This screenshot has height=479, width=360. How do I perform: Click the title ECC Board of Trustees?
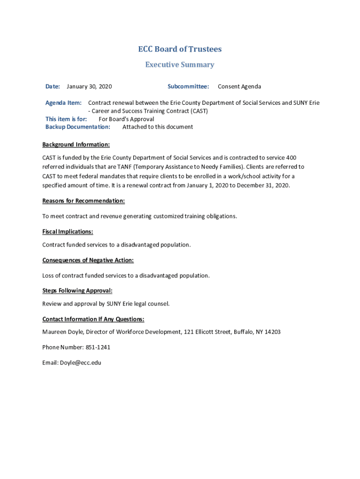pyautogui.click(x=180, y=49)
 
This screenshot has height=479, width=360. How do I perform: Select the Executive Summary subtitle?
pyautogui.click(x=180, y=65)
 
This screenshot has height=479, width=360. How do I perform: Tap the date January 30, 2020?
pyautogui.click(x=89, y=87)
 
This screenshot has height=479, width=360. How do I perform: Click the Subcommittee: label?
pyautogui.click(x=188, y=87)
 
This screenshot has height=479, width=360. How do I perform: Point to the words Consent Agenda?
pyautogui.click(x=239, y=87)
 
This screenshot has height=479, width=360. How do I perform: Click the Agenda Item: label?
pyautogui.click(x=64, y=103)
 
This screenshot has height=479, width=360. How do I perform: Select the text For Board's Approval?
pyautogui.click(x=126, y=119)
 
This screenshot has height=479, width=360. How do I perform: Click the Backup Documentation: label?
pyautogui.click(x=78, y=127)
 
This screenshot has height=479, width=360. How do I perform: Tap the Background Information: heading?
pyautogui.click(x=76, y=145)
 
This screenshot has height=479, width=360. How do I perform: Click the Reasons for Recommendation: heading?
pyautogui.click(x=84, y=201)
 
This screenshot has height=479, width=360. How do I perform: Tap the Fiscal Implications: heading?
pyautogui.click(x=68, y=232)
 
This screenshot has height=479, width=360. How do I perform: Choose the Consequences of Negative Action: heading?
pyautogui.click(x=88, y=261)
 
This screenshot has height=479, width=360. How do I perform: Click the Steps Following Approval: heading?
pyautogui.click(x=77, y=291)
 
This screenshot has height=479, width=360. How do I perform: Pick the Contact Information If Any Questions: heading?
pyautogui.click(x=94, y=319)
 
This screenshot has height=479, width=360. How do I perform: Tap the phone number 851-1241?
pyautogui.click(x=98, y=348)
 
